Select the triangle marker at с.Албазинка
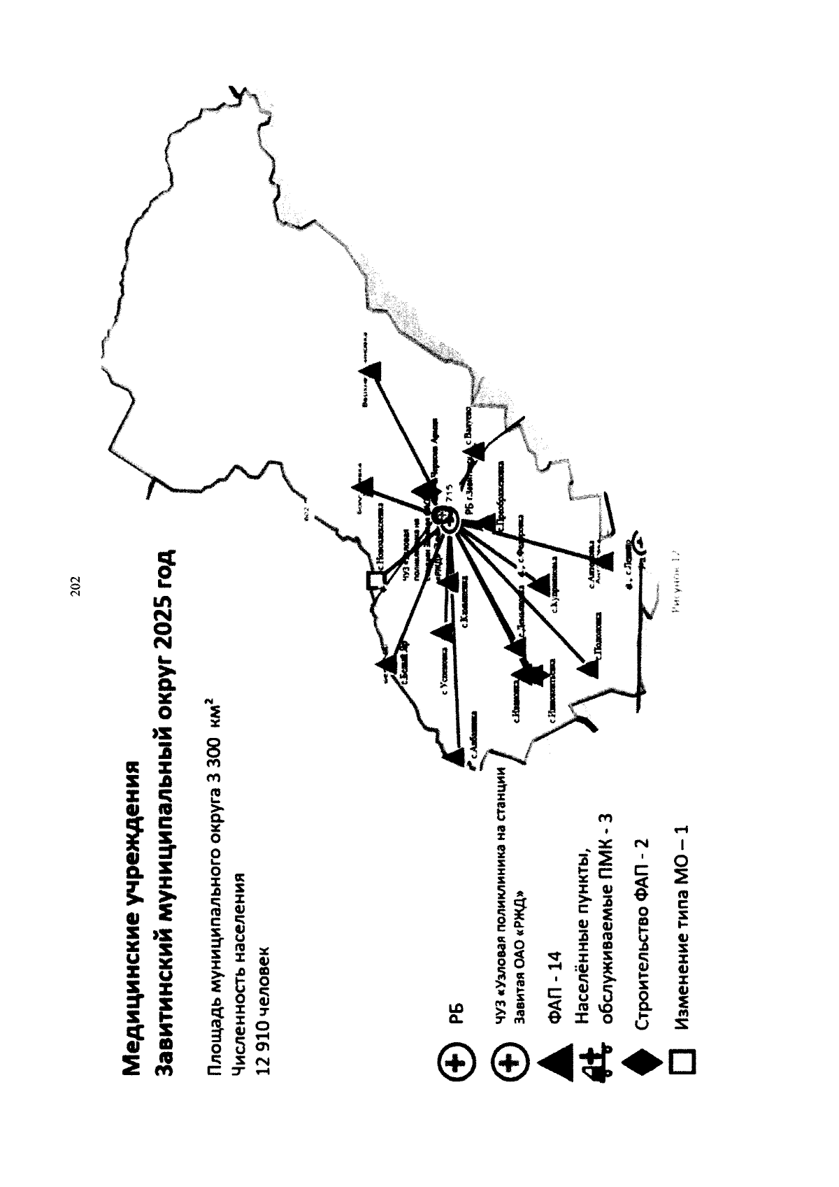(x=453, y=756)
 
